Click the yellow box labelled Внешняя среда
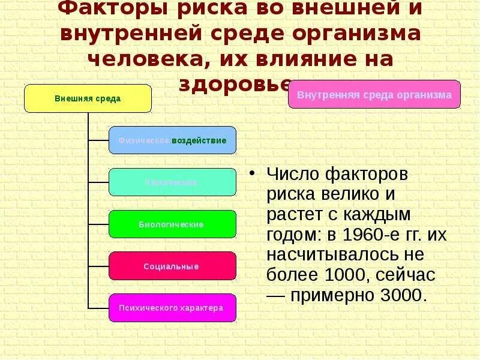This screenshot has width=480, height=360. (x=88, y=98)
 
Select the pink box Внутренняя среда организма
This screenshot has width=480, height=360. (x=374, y=94)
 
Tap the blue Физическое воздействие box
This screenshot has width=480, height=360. (x=172, y=140)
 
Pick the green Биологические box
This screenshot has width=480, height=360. (x=172, y=224)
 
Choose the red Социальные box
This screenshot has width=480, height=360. (x=172, y=266)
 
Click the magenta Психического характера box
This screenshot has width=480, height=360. (x=172, y=308)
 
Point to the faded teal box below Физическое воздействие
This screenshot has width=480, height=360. (x=172, y=182)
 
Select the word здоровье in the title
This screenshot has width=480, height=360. (x=235, y=85)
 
